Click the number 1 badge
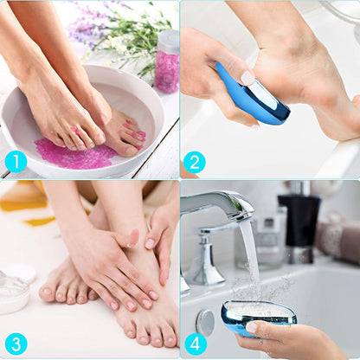click(16, 162)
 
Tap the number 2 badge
click(195, 162)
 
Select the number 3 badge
click(16, 344)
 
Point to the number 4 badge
click(196, 344)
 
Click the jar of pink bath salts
click(167, 62)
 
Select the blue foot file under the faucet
click(259, 317)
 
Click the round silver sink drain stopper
click(205, 323)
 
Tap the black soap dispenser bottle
click(299, 219)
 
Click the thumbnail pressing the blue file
click(247, 78)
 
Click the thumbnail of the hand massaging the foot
click(132, 237)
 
